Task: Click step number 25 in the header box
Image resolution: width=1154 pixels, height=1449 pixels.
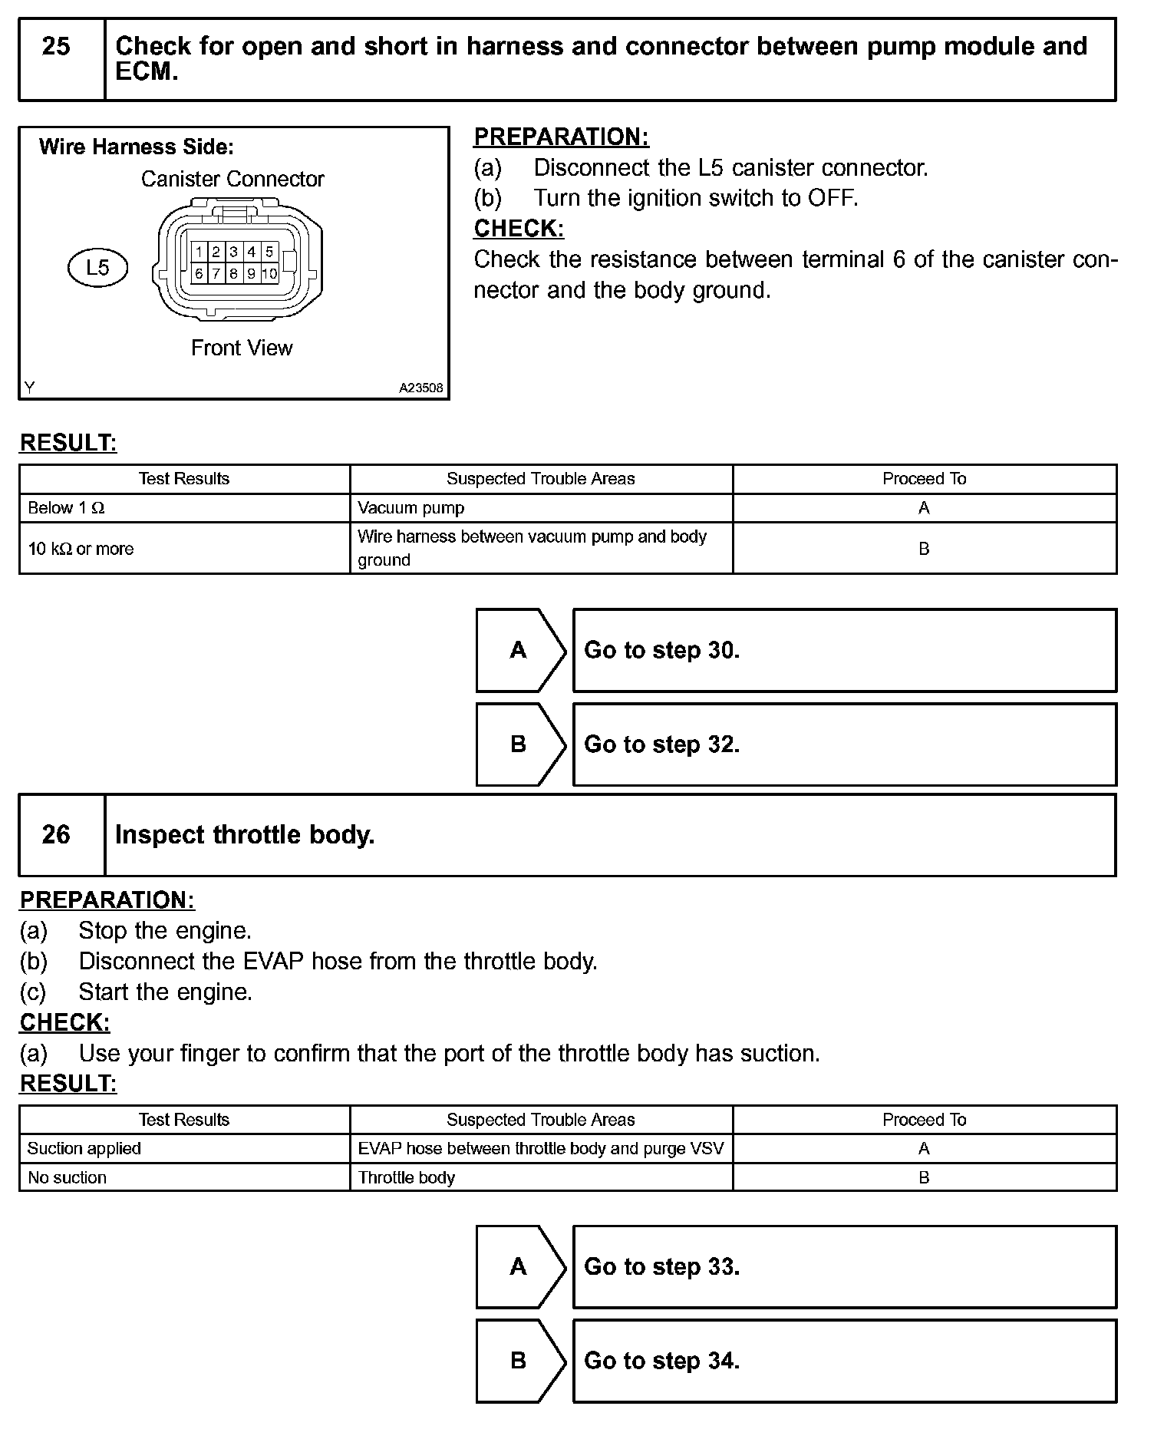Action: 56,47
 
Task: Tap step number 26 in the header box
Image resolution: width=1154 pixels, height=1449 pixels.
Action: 56,834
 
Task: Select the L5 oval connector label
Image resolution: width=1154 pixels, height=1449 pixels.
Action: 97,268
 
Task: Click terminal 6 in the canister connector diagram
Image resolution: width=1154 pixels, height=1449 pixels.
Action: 199,273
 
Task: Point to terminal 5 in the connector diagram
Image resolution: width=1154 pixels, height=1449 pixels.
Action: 269,252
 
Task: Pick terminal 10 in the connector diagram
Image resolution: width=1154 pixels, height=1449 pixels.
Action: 269,273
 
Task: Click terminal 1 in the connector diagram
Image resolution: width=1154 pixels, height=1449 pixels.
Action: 199,252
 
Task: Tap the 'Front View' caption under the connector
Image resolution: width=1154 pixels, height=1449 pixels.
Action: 242,348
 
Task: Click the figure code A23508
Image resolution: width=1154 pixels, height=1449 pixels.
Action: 420,388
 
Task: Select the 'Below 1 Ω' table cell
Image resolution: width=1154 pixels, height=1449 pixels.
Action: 66,508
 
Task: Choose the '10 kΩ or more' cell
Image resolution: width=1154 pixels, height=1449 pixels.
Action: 81,549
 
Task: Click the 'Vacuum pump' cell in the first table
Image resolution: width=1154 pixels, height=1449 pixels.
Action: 410,508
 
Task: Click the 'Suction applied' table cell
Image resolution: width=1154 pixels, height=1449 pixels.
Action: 84,1148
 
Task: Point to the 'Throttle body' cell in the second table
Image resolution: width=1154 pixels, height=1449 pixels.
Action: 407,1177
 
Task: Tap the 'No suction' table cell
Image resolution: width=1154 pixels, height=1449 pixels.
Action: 68,1177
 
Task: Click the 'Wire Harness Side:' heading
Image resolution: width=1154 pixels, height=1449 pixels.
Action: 137,147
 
